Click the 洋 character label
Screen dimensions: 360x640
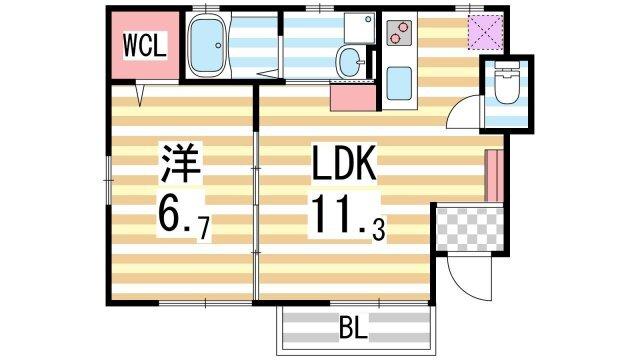(180, 163)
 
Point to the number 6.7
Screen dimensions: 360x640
(181, 215)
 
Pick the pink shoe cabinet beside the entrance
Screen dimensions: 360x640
(490, 176)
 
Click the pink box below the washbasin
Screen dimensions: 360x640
(351, 97)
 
